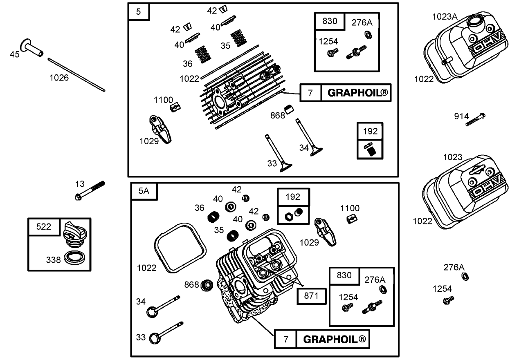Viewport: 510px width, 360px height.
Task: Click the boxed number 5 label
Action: [x=138, y=11]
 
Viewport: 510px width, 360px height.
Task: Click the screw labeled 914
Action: [x=476, y=120]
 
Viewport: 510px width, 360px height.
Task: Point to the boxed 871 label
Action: [x=312, y=296]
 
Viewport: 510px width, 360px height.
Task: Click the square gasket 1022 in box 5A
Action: [x=179, y=248]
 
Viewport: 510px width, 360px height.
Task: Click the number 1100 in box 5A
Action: [x=350, y=208]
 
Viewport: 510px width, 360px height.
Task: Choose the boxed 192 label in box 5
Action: [x=370, y=131]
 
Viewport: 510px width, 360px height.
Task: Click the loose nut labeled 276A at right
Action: [x=465, y=277]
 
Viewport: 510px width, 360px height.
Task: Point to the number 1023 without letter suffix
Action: [x=452, y=157]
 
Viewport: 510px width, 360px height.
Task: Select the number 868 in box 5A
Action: [x=191, y=284]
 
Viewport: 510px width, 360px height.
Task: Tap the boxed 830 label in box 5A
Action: [x=344, y=275]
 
